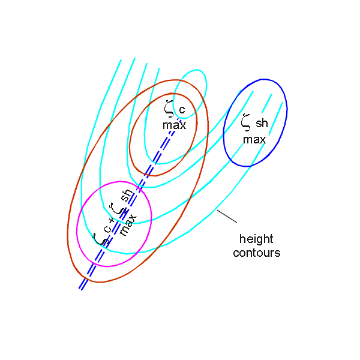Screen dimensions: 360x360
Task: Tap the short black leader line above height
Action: tap(226, 217)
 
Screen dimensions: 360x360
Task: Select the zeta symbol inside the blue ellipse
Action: tap(245, 122)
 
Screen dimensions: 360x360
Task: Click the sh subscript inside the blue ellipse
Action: tap(262, 124)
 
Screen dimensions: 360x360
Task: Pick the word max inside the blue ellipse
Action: tap(254, 139)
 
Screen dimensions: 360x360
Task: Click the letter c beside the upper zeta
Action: tap(182, 110)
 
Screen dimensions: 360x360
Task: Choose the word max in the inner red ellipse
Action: tap(174, 125)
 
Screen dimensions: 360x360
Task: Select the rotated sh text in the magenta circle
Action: tap(126, 196)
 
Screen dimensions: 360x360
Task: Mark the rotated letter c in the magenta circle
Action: tap(107, 229)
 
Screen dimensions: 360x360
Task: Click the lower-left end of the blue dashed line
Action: tap(80, 289)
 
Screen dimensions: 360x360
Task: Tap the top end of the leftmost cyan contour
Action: tap(121, 60)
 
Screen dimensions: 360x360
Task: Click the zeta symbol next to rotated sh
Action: tap(119, 209)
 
